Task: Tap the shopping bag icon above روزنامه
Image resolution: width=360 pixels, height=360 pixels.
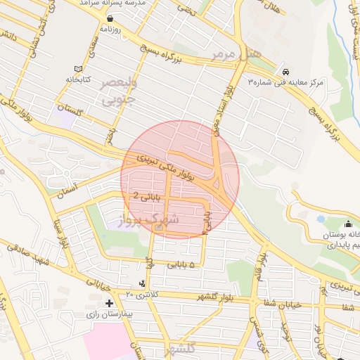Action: [x=111, y=19]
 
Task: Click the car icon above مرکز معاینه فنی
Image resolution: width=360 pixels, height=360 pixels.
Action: [x=285, y=71]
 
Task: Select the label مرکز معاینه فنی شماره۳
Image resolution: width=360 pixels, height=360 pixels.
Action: [x=285, y=83]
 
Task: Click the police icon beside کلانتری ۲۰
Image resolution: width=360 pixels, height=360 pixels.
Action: [x=142, y=283]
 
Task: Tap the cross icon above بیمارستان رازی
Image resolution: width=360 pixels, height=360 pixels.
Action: [x=109, y=303]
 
